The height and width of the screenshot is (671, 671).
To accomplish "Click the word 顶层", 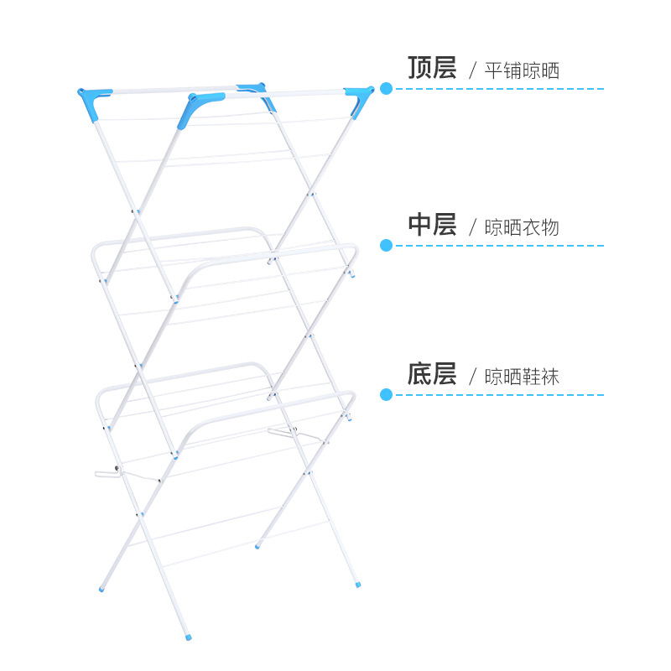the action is (x=432, y=68).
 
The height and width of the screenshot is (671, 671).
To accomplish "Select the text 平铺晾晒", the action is (x=522, y=70).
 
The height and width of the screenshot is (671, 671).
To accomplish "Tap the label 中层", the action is (x=432, y=225).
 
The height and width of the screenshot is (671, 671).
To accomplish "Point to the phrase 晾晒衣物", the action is (x=522, y=227).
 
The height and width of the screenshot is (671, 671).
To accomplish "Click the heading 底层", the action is (x=432, y=374).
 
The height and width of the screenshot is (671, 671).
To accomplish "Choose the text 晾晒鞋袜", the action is (x=522, y=377).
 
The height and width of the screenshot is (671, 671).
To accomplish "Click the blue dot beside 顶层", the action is (x=386, y=88).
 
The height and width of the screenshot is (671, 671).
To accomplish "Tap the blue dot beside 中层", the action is (x=386, y=245).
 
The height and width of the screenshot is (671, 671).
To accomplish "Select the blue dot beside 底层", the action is (x=386, y=394).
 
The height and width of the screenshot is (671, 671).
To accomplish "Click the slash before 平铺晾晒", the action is (x=472, y=70).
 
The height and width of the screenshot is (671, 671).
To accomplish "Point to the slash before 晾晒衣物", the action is (x=472, y=227).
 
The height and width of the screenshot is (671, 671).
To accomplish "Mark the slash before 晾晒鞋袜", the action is (x=472, y=377).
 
